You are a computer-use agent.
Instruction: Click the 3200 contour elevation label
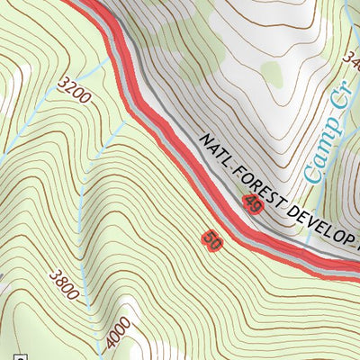click(x=73, y=91)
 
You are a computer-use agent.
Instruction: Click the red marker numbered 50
click(x=212, y=240)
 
